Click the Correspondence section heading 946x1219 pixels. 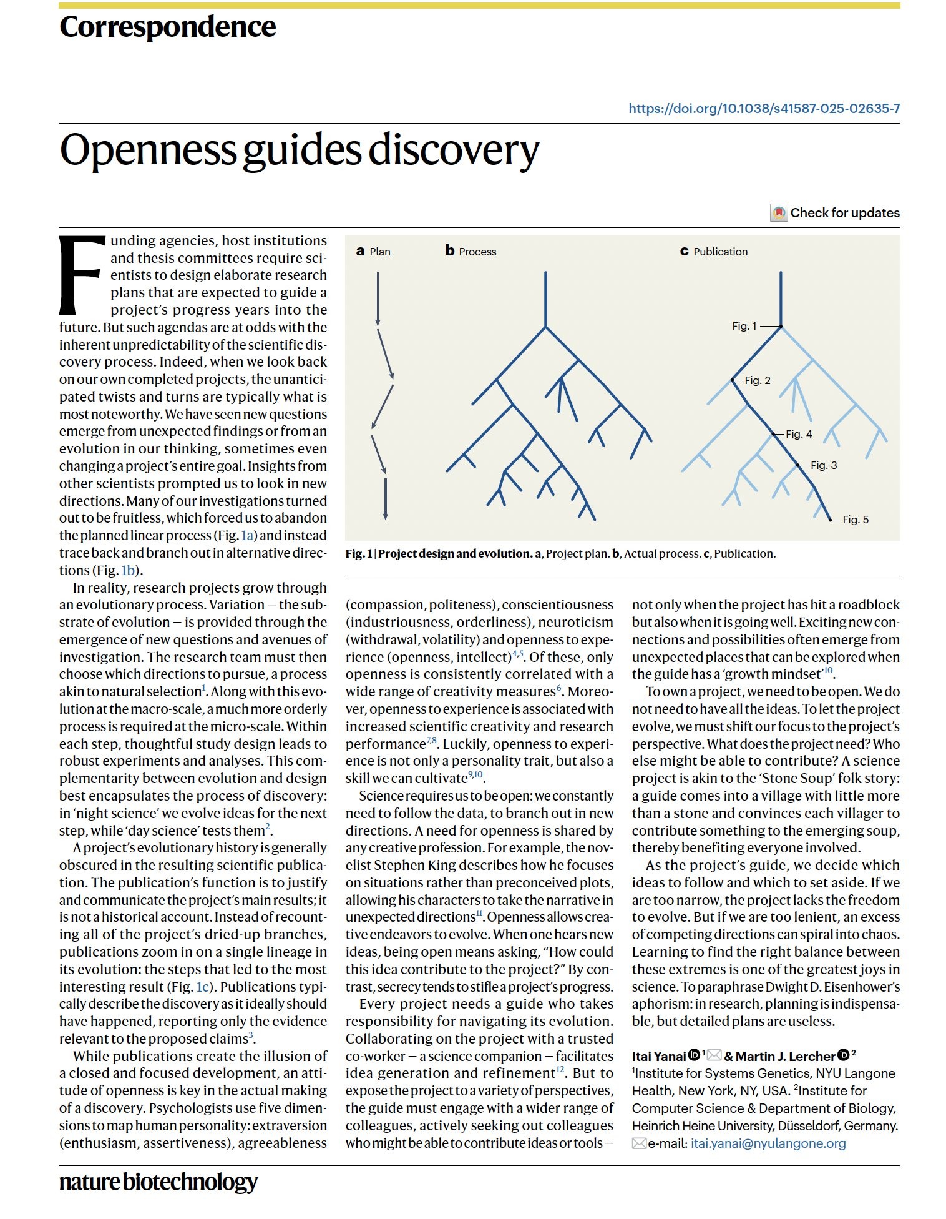click(167, 27)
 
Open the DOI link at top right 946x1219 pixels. click(764, 109)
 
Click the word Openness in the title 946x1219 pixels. click(147, 151)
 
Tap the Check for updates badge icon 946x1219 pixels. click(778, 213)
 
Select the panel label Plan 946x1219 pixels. click(379, 252)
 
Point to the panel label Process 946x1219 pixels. click(477, 252)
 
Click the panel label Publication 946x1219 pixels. click(720, 252)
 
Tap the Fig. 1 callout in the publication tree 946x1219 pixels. click(744, 326)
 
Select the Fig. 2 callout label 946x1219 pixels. click(758, 380)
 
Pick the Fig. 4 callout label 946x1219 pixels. click(799, 434)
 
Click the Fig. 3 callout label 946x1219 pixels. click(824, 465)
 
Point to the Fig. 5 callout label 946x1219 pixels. click(856, 520)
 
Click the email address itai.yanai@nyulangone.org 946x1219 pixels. click(768, 1143)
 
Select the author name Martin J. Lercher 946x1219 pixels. click(785, 1056)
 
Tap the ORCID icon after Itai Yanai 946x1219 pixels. click(694, 1055)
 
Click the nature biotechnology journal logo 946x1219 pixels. click(158, 1182)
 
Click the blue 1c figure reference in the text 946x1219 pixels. click(203, 987)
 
